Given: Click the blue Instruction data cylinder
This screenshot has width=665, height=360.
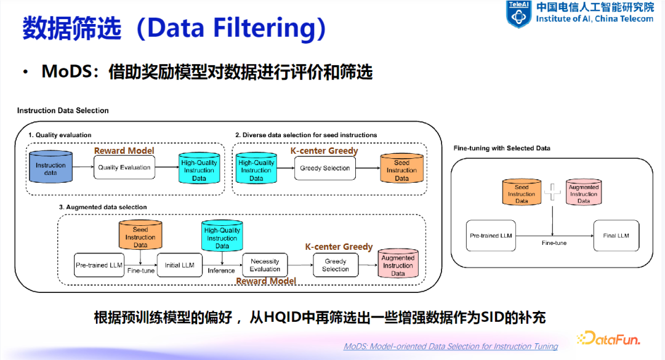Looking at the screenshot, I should (x=50, y=167).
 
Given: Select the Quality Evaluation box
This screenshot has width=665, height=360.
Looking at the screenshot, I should (x=124, y=167).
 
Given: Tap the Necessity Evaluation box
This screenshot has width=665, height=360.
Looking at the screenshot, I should (x=265, y=265).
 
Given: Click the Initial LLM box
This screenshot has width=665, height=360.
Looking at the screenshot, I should (x=179, y=265).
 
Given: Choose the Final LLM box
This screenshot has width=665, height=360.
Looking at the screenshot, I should (x=616, y=236).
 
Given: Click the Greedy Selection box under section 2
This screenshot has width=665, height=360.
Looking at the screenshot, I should (x=324, y=168).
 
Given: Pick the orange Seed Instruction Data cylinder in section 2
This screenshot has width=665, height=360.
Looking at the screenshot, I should (x=401, y=169).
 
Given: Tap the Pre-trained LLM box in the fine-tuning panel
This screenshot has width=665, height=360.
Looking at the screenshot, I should (x=491, y=236).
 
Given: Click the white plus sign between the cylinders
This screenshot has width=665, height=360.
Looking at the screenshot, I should (x=553, y=192).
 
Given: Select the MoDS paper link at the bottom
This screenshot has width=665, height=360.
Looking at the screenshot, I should (x=451, y=346).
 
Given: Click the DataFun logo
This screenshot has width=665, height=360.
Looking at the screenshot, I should (x=608, y=338).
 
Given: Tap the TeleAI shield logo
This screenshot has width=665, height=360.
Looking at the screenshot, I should (x=518, y=14).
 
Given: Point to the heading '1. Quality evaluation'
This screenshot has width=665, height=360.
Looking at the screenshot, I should (x=60, y=135).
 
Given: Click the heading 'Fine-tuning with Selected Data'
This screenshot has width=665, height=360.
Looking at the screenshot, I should (x=502, y=148).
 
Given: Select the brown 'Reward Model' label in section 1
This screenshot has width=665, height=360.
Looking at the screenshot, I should (x=124, y=151).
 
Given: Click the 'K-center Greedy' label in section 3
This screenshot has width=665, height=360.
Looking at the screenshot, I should (x=339, y=247).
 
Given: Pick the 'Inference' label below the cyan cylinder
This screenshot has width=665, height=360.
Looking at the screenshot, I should (x=221, y=271).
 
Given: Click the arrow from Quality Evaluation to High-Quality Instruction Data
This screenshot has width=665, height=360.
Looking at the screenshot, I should (x=166, y=167).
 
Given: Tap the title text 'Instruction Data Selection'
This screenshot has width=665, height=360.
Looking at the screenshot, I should (x=63, y=111).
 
